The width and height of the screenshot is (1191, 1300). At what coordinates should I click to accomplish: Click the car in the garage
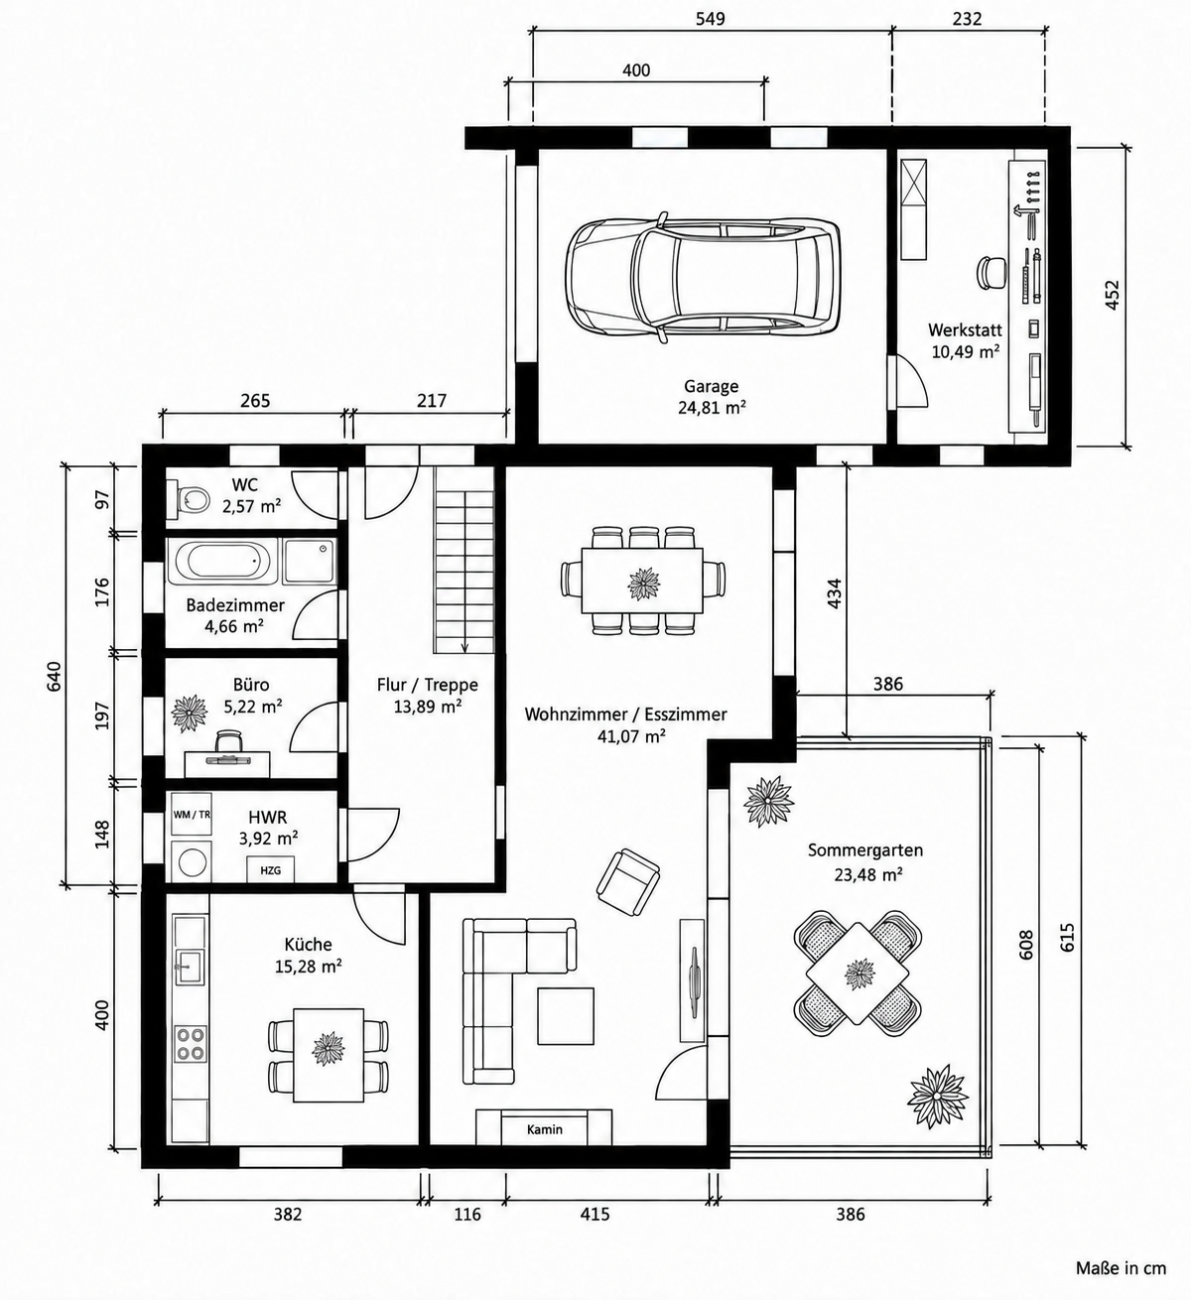702,278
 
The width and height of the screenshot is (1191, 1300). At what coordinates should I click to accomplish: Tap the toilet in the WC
189,499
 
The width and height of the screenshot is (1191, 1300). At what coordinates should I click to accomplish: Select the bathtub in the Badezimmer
222,562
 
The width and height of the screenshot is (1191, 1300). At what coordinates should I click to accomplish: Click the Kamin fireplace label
545,1129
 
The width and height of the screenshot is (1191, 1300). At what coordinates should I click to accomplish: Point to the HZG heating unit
270,869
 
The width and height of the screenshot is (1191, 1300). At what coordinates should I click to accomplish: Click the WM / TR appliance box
192,814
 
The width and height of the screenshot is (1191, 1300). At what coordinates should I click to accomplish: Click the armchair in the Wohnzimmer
628,882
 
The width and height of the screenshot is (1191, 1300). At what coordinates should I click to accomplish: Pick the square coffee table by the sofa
566,1015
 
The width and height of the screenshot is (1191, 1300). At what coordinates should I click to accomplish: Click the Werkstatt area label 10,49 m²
966,352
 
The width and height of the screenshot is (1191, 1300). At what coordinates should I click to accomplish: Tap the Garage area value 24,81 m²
712,408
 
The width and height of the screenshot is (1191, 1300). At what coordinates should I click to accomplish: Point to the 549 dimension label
710,19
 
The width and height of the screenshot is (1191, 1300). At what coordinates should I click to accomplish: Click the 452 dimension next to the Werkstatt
1112,294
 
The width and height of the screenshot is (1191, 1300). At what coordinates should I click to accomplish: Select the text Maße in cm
1121,1268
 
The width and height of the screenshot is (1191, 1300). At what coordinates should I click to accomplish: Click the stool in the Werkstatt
992,271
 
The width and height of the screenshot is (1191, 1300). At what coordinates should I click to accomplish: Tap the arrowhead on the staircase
464,647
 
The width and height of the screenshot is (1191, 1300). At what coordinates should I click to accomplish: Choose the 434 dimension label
835,593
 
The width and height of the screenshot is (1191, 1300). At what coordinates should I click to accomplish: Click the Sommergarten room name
865,850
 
